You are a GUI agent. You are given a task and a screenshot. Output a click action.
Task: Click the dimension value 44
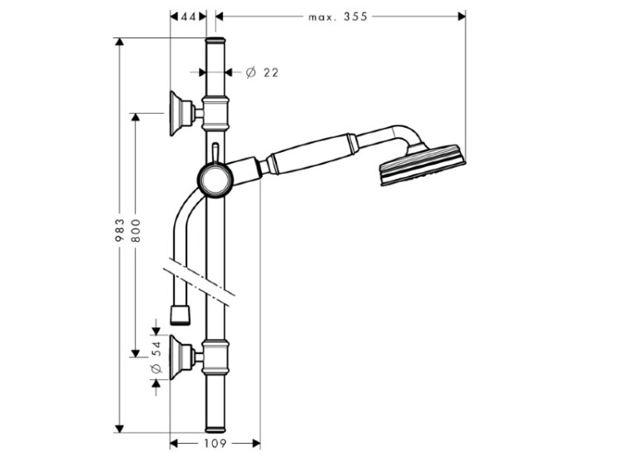coord(189,17)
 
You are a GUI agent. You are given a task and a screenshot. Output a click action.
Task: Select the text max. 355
coord(338,17)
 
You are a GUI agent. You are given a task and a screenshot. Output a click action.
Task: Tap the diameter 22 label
coord(262,72)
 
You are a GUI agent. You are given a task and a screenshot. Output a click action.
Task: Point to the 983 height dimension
coord(119,230)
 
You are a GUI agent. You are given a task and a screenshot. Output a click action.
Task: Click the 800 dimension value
coord(136,230)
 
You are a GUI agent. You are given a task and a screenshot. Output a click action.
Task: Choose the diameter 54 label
coord(156,357)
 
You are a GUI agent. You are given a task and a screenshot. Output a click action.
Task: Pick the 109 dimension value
coord(215,443)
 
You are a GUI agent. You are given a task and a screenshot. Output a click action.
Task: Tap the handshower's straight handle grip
coord(310,155)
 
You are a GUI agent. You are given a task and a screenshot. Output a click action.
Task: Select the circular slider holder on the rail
coord(215,180)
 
